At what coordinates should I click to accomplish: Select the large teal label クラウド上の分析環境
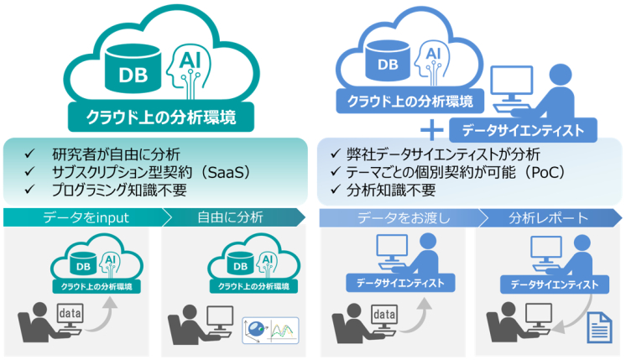(161, 117)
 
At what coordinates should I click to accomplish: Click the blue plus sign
(432, 131)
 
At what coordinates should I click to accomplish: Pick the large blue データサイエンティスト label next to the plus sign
(523, 130)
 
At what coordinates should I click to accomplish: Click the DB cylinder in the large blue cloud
(388, 60)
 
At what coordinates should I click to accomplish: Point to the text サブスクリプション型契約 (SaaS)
(151, 172)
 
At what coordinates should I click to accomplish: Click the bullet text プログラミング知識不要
(119, 190)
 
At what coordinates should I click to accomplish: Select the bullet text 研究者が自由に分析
(116, 154)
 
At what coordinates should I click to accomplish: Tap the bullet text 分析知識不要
(391, 190)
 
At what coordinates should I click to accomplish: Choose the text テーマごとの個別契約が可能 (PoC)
(456, 172)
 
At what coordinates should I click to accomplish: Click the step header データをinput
(86, 217)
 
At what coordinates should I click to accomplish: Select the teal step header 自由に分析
(231, 217)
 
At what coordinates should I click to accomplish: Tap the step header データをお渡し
(404, 218)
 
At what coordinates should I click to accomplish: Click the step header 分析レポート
(549, 218)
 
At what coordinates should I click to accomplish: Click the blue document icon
(599, 327)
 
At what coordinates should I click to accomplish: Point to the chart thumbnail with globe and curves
(270, 331)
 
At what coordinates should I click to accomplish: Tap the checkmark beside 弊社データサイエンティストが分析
(336, 154)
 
